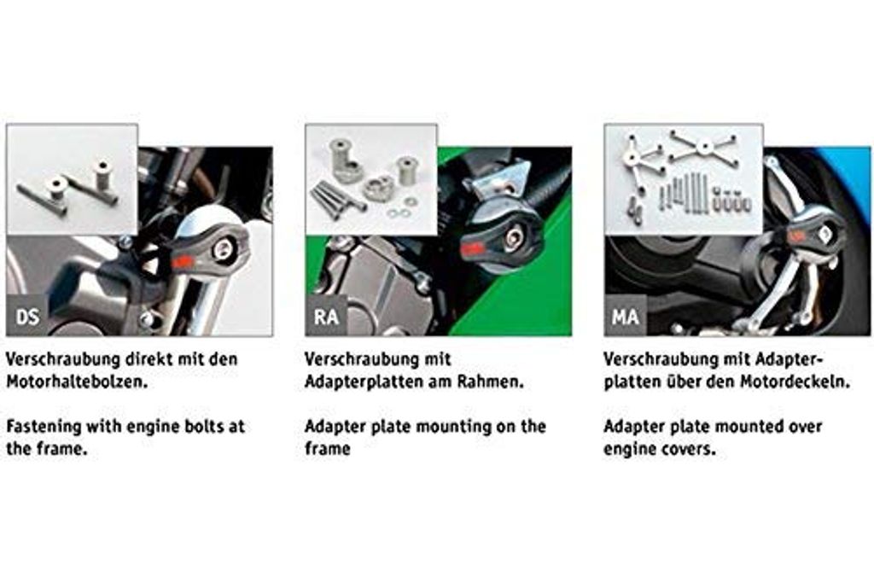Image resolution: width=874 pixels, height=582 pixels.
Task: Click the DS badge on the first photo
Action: point(26,317)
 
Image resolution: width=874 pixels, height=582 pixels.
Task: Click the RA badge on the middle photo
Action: point(326,317)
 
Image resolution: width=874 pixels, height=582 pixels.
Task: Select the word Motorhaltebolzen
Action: point(76,381)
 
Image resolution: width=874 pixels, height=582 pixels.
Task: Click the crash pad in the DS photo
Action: point(208,252)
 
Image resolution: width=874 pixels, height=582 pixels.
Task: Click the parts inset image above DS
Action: point(72,178)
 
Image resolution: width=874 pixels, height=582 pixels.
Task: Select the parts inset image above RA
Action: point(371,178)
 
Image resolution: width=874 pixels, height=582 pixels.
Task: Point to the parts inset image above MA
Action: point(683,178)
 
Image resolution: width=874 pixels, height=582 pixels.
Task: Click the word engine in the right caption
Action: point(631,449)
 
